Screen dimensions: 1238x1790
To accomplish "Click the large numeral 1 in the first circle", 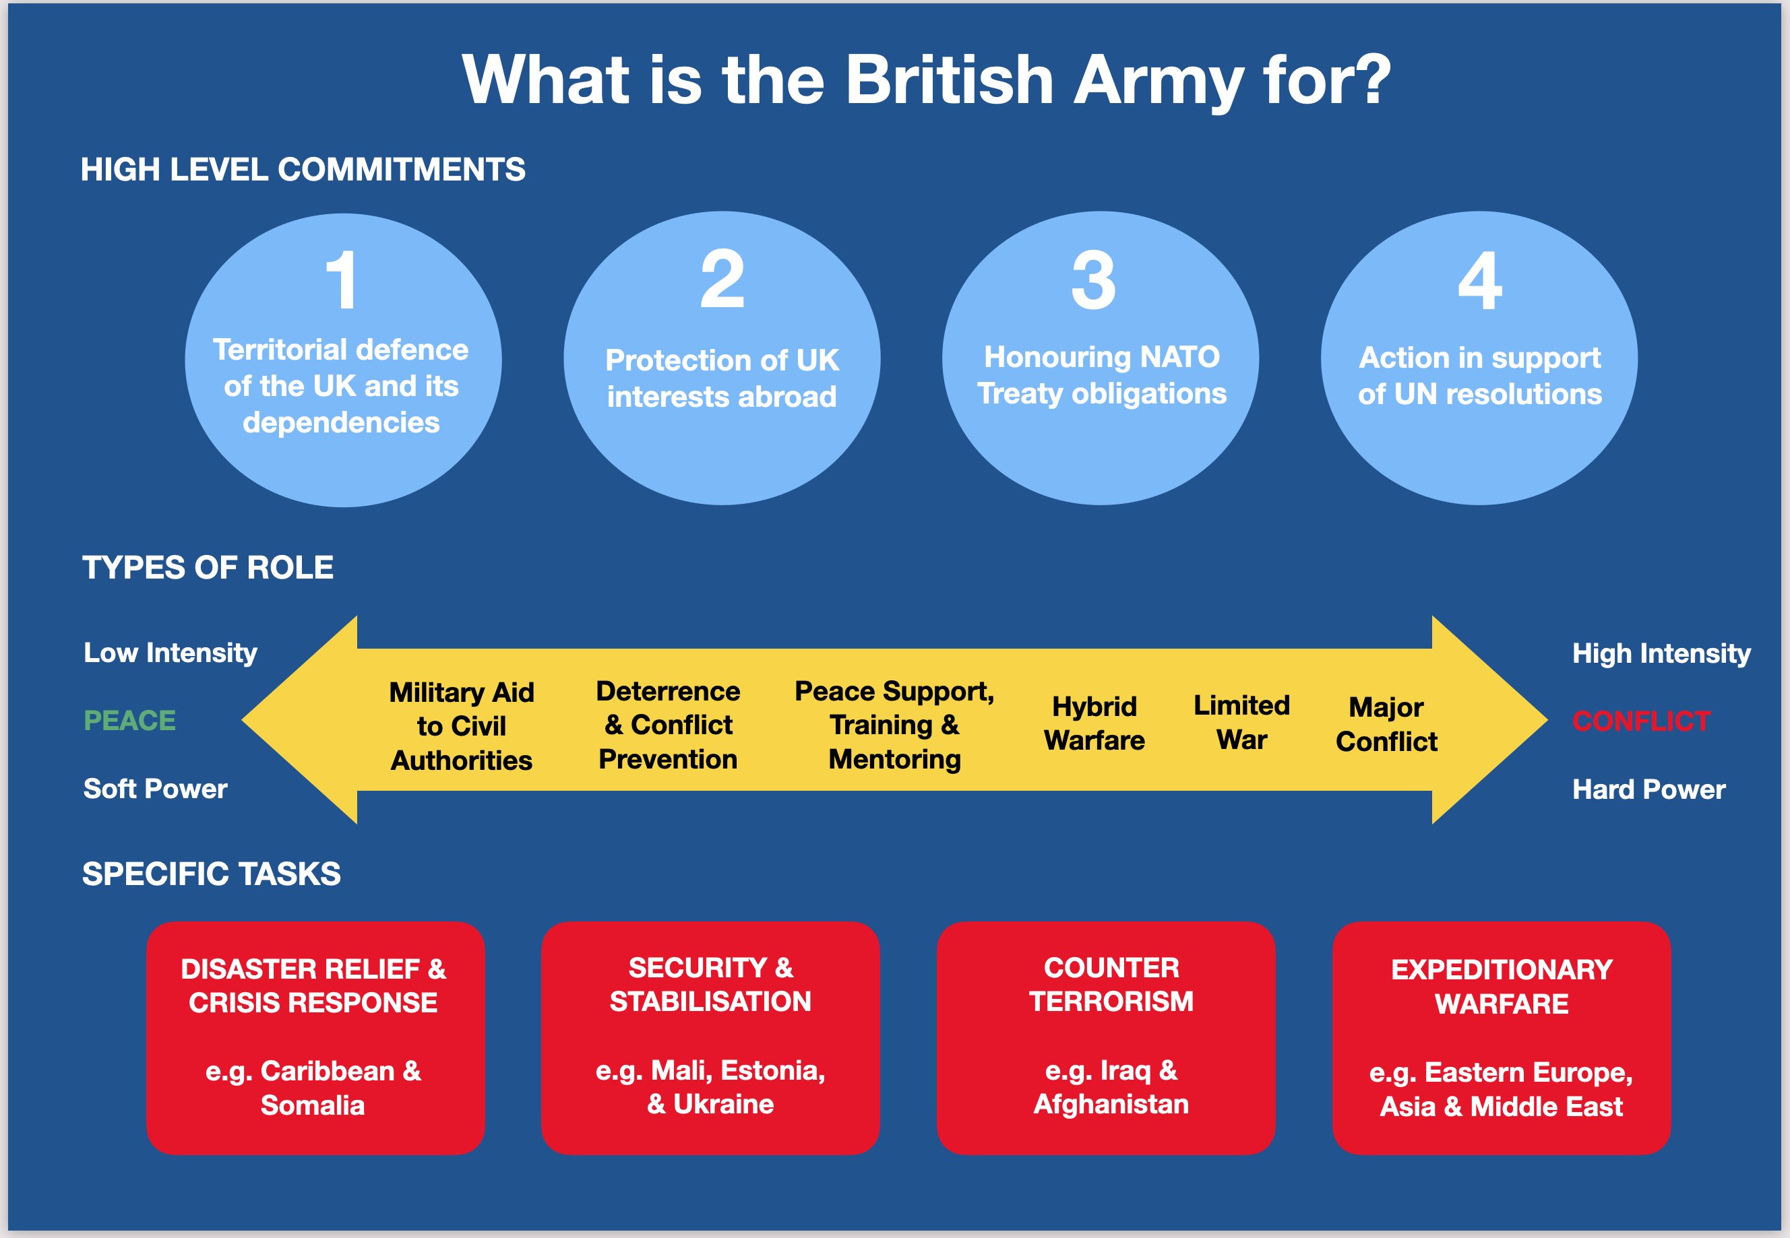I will tap(342, 280).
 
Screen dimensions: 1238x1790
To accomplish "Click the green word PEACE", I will tap(129, 721).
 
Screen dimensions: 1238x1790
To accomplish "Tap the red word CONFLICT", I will tap(1641, 721).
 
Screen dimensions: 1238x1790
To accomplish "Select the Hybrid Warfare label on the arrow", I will tap(1094, 723).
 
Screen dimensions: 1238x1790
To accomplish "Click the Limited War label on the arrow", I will tap(1241, 722).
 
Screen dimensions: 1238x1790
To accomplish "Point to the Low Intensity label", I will tap(171, 653).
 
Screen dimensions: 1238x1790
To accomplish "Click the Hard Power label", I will tap(1648, 789).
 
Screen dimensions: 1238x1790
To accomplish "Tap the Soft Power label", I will tap(155, 789).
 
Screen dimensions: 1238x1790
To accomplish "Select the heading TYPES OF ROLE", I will tap(208, 568).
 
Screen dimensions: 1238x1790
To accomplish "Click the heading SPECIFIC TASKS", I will tap(211, 874).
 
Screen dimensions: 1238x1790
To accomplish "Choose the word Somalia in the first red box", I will tap(313, 1105).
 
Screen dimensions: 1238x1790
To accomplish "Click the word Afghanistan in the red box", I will tap(1111, 1104).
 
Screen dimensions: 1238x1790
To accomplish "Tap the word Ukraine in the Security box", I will tap(723, 1104).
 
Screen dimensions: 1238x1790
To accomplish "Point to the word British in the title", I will tap(949, 80).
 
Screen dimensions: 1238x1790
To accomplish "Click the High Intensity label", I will tap(1661, 653).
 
